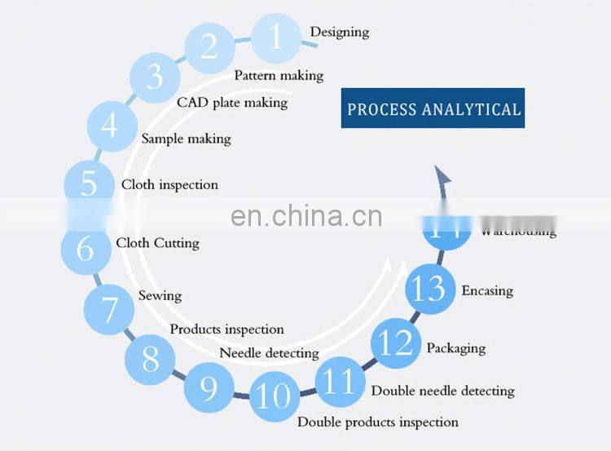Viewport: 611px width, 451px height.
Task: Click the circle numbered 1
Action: [276, 38]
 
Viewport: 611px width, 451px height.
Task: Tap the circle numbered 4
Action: [110, 126]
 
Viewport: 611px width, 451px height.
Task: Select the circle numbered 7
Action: [108, 309]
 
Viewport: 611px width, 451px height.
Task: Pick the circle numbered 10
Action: [274, 396]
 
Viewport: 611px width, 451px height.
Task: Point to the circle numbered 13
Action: [429, 289]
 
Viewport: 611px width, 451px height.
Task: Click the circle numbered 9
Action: [209, 388]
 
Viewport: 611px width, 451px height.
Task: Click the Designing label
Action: [339, 32]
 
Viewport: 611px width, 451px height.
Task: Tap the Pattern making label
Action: [279, 76]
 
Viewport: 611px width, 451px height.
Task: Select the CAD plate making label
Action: [232, 103]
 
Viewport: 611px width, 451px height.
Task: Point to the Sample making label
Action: [186, 139]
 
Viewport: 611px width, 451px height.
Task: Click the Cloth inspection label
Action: [169, 185]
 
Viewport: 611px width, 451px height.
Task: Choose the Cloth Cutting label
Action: [157, 243]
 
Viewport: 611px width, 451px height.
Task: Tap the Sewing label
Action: [160, 295]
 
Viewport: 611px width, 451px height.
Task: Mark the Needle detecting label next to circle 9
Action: [269, 353]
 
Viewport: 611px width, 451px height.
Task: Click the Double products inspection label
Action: [377, 422]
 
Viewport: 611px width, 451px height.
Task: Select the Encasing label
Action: [487, 290]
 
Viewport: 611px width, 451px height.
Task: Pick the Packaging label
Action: [455, 348]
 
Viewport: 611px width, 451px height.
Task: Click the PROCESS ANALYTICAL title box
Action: [433, 108]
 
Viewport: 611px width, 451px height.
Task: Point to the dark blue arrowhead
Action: [442, 175]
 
